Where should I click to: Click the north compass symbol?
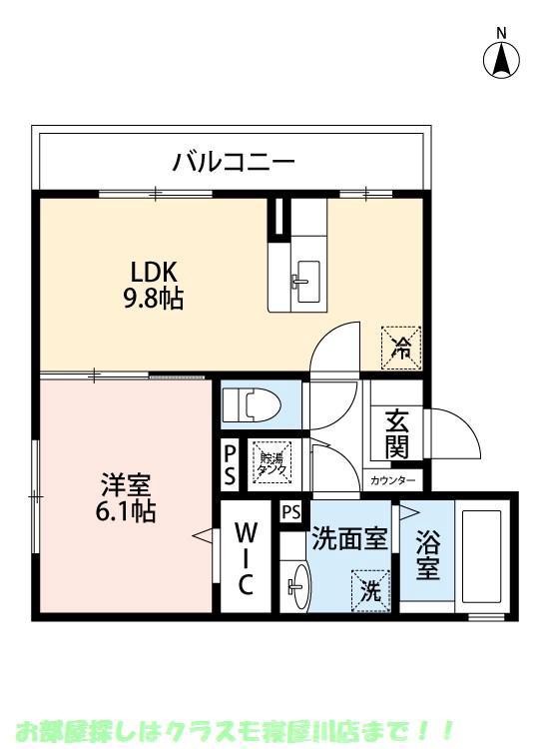502,58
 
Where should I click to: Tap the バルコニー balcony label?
233,161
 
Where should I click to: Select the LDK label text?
155,271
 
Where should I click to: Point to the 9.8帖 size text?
155,298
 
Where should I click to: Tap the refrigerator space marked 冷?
401,348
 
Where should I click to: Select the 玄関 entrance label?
396,435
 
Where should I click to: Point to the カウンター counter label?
394,480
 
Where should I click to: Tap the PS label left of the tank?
230,463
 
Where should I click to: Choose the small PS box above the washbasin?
290,512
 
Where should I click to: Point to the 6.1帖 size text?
125,513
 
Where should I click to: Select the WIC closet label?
247,557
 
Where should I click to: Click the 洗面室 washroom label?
348,539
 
